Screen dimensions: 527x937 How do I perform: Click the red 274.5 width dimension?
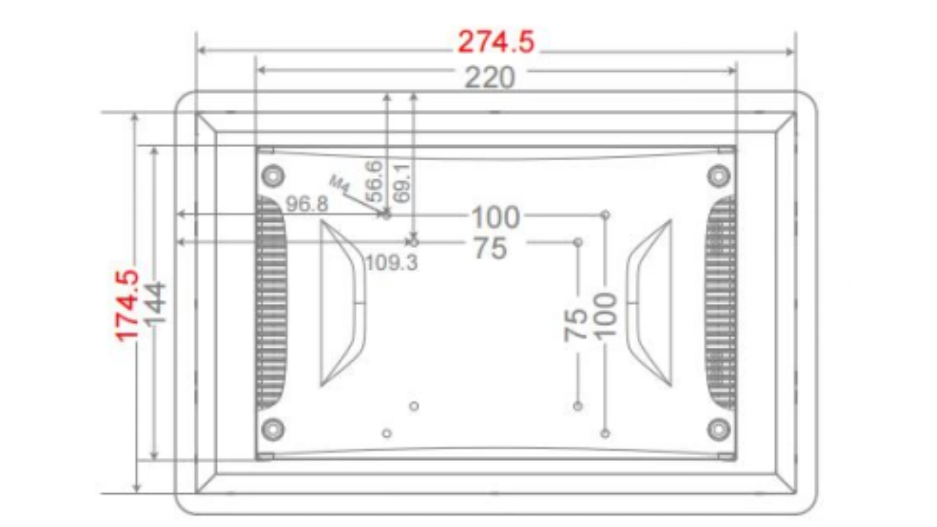496,42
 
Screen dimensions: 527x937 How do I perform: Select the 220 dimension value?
490,77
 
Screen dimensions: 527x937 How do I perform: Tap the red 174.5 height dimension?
127,305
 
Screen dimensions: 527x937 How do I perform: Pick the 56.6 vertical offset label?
373,181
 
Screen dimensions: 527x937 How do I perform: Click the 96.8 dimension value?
307,204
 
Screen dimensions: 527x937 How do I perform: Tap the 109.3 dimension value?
392,262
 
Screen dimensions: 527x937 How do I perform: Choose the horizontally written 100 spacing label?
495,217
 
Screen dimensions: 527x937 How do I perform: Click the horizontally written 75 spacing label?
490,249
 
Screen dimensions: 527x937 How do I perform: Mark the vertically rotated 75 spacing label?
576,324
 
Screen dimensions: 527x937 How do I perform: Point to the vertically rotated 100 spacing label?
605,315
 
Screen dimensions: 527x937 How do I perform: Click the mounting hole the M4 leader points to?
387,214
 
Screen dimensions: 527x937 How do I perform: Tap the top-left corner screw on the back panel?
272,176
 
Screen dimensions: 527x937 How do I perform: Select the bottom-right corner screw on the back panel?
718,428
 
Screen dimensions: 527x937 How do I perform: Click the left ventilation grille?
271,302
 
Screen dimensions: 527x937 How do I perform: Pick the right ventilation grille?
721,302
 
